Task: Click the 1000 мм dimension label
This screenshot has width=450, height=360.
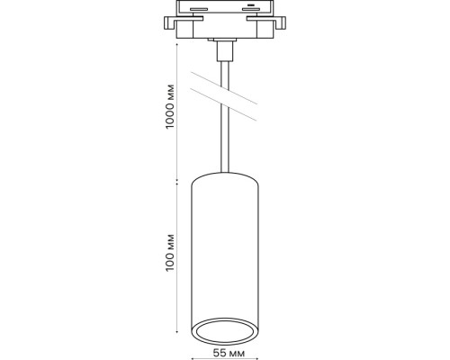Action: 171,108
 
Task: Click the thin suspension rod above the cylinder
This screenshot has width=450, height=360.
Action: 225,144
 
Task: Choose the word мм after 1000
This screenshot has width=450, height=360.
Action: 171,93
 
